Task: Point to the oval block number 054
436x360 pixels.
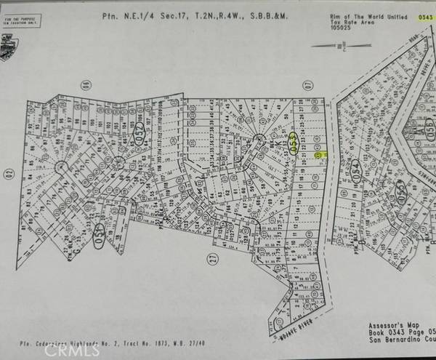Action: point(355,170)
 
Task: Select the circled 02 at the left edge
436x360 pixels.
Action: point(9,172)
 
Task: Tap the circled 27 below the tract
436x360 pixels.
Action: point(213,257)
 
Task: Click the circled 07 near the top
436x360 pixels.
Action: point(307,85)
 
